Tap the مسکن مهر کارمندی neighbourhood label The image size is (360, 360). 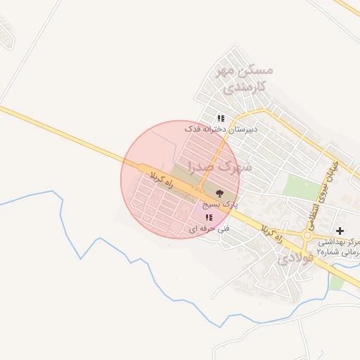pos(245,79)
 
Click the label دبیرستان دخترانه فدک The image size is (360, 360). pos(221,129)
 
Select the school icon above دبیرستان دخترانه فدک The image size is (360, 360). pos(221,118)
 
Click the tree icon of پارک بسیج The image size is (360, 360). pos(219,192)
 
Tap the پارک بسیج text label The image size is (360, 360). pos(220,204)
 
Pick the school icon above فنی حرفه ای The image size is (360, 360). pos(208,217)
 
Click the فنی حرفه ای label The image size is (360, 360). pos(209,229)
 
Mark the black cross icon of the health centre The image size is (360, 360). pos(340,231)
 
